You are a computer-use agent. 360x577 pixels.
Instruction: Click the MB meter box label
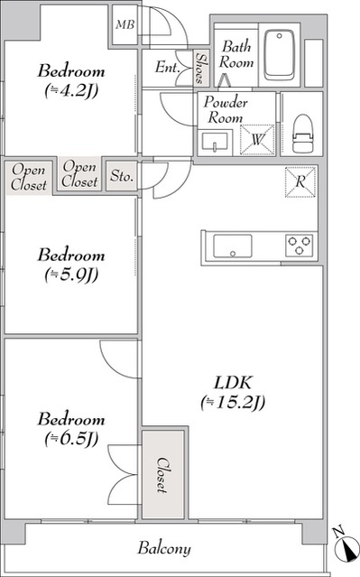[125, 24]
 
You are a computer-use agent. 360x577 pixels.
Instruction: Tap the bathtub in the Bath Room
[280, 55]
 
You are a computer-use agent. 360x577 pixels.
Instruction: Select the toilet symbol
[302, 134]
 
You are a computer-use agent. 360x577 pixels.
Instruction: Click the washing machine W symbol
[257, 139]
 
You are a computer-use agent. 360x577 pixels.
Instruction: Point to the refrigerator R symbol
[300, 181]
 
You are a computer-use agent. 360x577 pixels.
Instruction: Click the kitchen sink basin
[233, 246]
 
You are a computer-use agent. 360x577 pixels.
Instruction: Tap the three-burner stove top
[299, 246]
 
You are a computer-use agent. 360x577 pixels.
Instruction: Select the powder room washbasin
[215, 142]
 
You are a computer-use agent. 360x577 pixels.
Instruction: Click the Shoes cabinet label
[201, 68]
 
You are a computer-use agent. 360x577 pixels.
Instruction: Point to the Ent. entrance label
[167, 68]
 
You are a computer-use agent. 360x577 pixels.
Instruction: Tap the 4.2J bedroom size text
[71, 91]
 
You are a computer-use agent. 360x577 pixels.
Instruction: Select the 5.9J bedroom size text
[71, 275]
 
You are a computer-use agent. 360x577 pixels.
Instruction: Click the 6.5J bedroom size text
[71, 438]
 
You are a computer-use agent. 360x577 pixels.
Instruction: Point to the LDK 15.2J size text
[233, 402]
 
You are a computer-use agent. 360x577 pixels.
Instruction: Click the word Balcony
[164, 548]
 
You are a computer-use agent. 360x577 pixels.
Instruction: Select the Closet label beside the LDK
[162, 475]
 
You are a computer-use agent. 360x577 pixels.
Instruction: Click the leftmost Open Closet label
[29, 177]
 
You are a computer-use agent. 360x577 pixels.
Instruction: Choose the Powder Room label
[226, 109]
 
